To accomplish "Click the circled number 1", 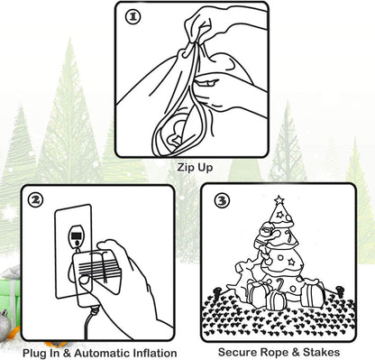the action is (x=133, y=17).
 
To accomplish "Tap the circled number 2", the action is (x=35, y=200).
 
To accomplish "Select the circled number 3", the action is (x=222, y=200).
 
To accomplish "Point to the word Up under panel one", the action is (x=205, y=168).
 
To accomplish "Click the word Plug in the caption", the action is (x=34, y=353).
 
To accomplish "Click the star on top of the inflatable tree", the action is (x=279, y=199).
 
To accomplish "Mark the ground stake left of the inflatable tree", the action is (x=217, y=291).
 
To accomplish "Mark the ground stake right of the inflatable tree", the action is (x=340, y=291).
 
